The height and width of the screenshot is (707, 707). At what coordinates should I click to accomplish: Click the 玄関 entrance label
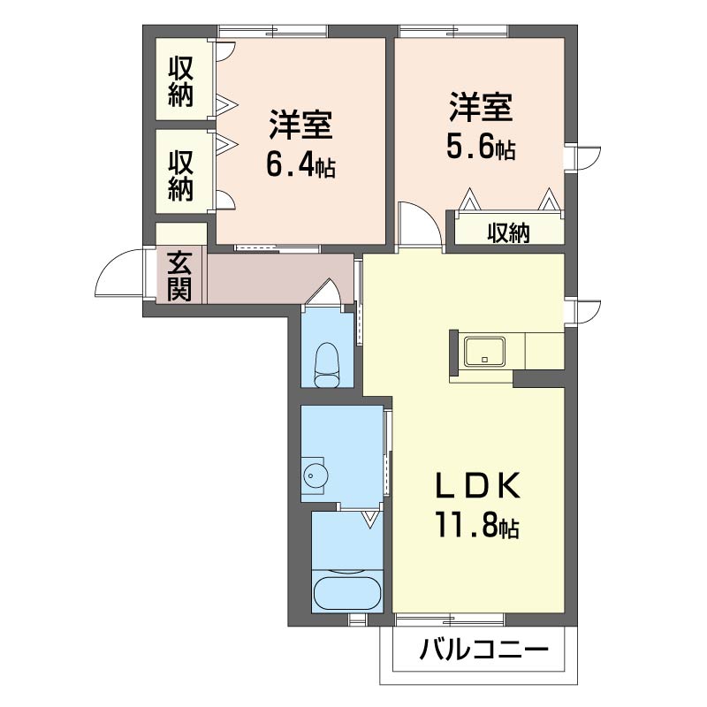point(180,276)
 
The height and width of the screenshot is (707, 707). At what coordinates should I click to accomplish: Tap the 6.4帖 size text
point(300,166)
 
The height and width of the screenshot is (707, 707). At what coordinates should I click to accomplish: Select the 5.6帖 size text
point(480,148)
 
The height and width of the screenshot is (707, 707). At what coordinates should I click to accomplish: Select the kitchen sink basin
point(483,352)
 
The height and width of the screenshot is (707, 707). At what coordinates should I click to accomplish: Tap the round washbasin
point(315,475)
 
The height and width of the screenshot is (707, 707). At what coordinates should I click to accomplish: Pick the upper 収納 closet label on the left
point(181,80)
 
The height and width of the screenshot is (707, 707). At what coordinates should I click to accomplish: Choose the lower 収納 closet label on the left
point(181,176)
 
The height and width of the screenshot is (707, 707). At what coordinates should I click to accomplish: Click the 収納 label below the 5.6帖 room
point(508,233)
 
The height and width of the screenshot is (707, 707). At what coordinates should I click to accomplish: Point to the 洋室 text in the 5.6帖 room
point(480,107)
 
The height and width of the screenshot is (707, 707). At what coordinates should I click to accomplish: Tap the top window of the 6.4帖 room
point(272,33)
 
